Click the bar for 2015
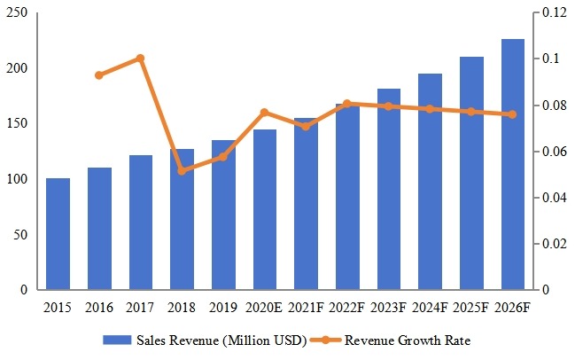click(58, 234)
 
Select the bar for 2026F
click(512, 165)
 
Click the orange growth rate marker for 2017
click(140, 59)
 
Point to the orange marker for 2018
click(182, 170)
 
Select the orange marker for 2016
click(99, 75)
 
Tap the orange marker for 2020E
click(264, 113)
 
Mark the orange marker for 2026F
click(512, 114)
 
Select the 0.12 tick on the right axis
click(553, 13)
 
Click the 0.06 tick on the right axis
click(553, 152)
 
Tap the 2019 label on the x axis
click(223, 307)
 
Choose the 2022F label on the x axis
click(347, 307)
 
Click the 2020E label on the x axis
click(264, 307)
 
